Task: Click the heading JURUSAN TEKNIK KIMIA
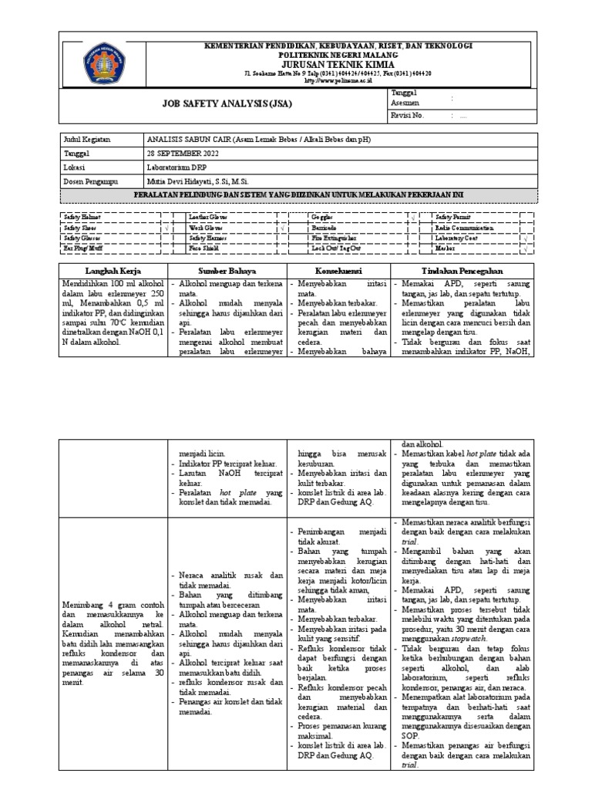coord(337,65)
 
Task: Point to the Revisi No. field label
coord(409,115)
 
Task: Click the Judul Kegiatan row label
coord(88,140)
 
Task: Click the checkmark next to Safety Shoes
coord(166,228)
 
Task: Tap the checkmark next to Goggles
coord(413,218)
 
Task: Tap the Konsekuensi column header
coord(340,271)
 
